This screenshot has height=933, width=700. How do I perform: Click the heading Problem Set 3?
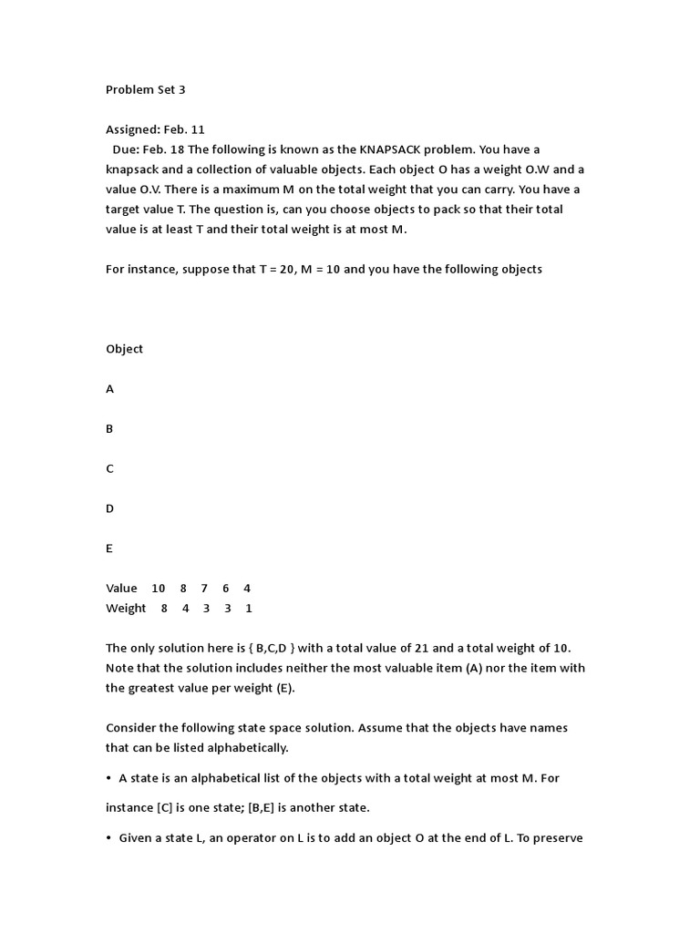pos(145,90)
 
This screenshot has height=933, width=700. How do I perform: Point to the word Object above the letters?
pos(124,349)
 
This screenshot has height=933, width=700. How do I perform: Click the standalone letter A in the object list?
pos(110,389)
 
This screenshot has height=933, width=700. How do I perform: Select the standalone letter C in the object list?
pos(110,469)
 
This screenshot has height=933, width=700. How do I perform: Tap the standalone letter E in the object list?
pos(109,549)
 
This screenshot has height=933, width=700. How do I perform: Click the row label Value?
pos(121,589)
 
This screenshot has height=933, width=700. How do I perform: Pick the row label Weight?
pos(126,609)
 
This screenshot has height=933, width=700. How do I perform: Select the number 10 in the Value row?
pos(159,589)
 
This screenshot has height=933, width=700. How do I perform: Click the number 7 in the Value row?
pos(204,589)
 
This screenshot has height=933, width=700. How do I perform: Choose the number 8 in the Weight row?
pos(164,609)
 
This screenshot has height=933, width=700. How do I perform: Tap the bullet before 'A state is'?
pos(109,779)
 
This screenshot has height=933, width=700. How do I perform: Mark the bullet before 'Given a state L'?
pos(109,838)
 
